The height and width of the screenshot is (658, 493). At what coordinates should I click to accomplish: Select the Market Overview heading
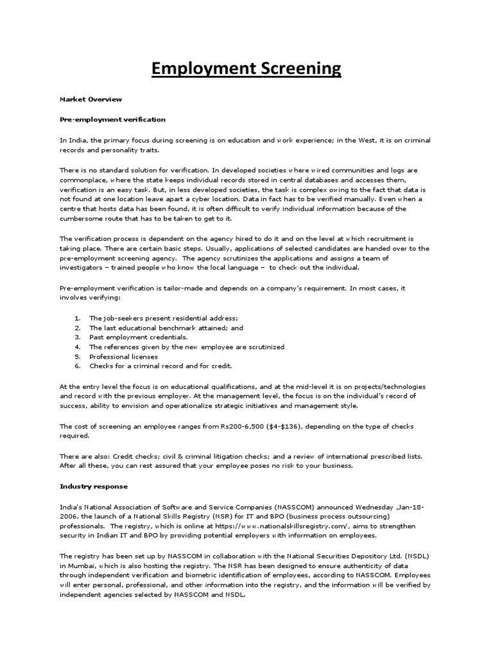coord(91,100)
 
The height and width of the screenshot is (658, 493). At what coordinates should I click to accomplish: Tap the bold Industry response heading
coord(94,486)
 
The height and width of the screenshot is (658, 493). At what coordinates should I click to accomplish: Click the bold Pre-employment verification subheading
coord(112,120)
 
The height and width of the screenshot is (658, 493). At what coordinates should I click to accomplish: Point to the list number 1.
coord(77,318)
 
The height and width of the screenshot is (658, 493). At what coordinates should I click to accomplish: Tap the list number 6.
coord(77,366)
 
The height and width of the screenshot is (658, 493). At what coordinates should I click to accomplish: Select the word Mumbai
coord(74,565)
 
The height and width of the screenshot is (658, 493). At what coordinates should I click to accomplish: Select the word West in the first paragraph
coord(355,139)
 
